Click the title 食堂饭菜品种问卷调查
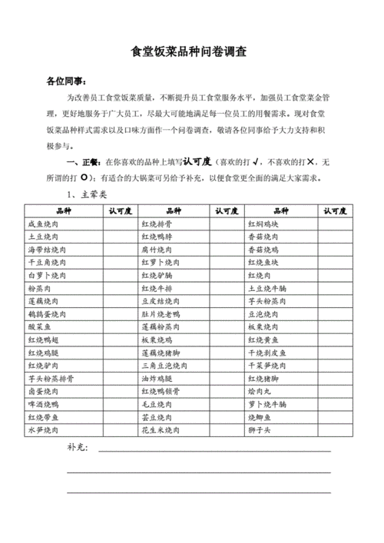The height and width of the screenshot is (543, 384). (x=193, y=52)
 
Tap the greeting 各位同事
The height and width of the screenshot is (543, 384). (x=66, y=80)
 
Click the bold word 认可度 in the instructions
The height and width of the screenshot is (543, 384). (x=197, y=163)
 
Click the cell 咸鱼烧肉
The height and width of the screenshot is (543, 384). (x=48, y=223)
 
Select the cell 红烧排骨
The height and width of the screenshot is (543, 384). (x=158, y=223)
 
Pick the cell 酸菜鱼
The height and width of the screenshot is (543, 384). (x=41, y=327)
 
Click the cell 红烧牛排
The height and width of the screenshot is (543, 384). (x=158, y=289)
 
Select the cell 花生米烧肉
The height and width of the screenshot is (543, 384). (x=161, y=431)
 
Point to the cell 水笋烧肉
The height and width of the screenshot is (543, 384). (x=48, y=431)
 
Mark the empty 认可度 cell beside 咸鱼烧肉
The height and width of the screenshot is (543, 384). (x=121, y=223)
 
